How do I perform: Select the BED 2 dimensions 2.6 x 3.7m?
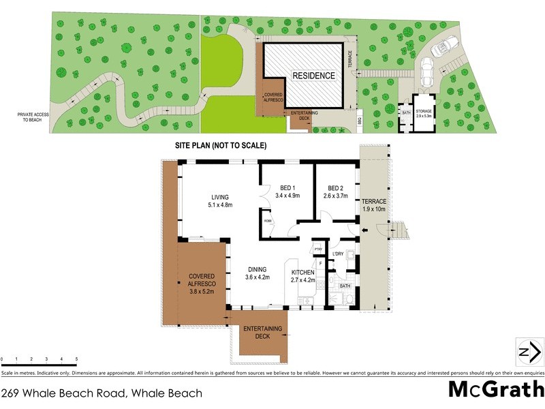[335, 196]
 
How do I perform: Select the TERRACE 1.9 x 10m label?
[373, 205]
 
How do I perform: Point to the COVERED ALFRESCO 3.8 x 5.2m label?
[202, 284]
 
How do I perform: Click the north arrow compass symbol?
[529, 352]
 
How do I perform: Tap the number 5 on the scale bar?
[76, 359]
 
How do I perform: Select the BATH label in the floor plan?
[345, 286]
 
